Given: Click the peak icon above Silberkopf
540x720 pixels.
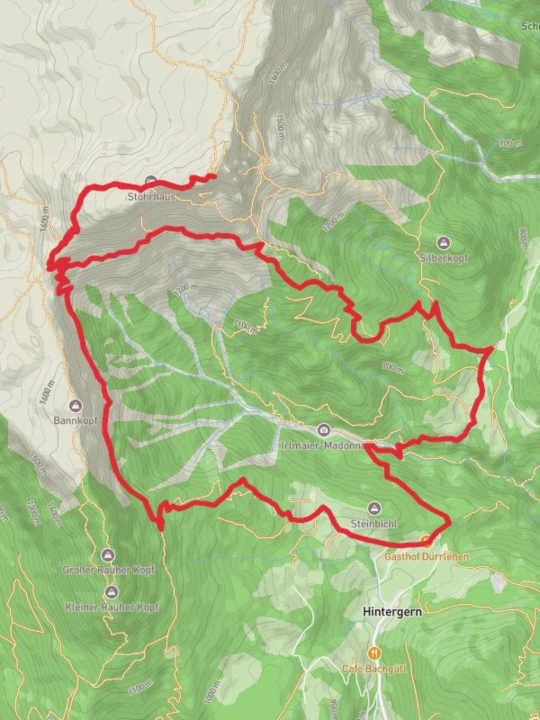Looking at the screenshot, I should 443,242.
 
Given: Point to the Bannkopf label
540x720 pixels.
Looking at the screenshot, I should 75,421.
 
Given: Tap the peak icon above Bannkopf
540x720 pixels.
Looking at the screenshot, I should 75,406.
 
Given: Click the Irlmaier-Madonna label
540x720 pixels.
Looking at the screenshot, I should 323,445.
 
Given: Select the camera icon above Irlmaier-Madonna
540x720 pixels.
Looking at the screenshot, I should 323,429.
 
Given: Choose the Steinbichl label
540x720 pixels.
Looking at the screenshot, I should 375,524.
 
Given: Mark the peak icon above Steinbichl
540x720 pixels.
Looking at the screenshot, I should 375,509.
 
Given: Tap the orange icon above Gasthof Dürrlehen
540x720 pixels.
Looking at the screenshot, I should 427,543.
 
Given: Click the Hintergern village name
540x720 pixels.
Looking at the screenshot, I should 392,611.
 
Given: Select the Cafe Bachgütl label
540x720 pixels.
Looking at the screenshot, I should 374,667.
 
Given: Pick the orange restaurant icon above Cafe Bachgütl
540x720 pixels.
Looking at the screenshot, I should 374,653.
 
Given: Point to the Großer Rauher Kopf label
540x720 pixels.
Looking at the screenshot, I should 107,570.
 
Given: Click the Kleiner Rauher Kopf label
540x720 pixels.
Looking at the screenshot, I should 111,607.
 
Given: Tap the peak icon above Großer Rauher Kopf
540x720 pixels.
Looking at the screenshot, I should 107,555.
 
